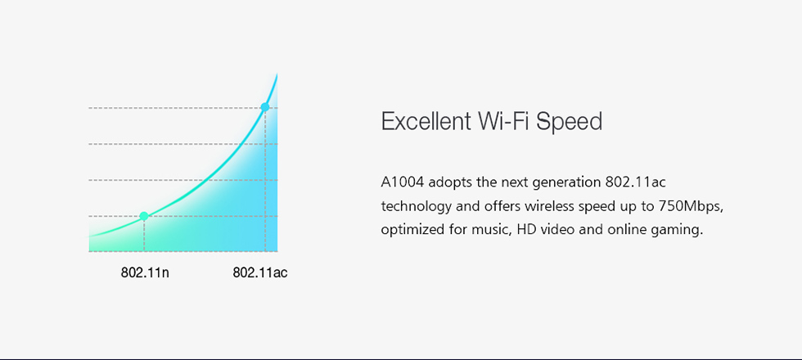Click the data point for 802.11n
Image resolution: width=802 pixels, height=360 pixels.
click(x=144, y=216)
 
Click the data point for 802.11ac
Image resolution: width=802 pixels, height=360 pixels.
click(x=264, y=107)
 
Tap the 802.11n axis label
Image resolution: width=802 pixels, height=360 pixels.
click(x=145, y=272)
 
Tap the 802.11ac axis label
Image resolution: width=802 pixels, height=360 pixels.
click(x=260, y=272)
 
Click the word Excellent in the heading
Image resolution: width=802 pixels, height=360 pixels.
click(x=426, y=122)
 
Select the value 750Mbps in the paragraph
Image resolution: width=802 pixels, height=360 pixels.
click(x=691, y=206)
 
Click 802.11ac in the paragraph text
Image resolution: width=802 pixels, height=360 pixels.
click(x=635, y=182)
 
